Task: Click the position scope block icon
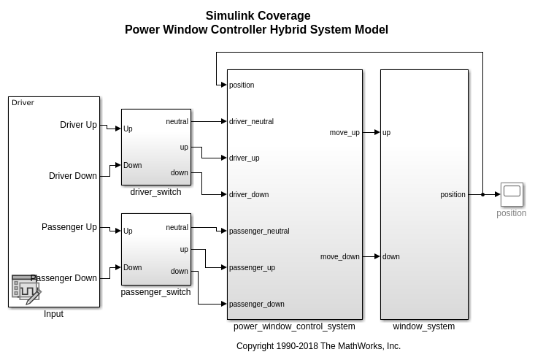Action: pyautogui.click(x=512, y=194)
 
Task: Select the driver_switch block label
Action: pyautogui.click(x=155, y=192)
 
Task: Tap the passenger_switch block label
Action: pyautogui.click(x=155, y=292)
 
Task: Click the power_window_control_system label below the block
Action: pyautogui.click(x=294, y=326)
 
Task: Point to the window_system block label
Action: pyautogui.click(x=423, y=326)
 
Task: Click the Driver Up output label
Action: pyautogui.click(x=78, y=125)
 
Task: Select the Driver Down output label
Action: pyautogui.click(x=73, y=176)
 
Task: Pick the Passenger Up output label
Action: pyautogui.click(x=69, y=227)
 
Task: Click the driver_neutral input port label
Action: pyautogui.click(x=251, y=122)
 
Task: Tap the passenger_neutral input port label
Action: pyautogui.click(x=259, y=231)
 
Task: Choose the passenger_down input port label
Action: pyautogui.click(x=257, y=305)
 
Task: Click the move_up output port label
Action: pyautogui.click(x=345, y=133)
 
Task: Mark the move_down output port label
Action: pyautogui.click(x=340, y=257)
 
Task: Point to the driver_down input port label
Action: pyautogui.click(x=249, y=195)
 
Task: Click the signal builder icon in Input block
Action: pyautogui.click(x=26, y=289)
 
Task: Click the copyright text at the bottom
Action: pyautogui.click(x=318, y=346)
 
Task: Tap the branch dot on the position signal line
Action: pyautogui.click(x=482, y=194)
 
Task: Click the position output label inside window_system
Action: pyautogui.click(x=453, y=195)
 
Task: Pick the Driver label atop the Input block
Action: pyautogui.click(x=23, y=103)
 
